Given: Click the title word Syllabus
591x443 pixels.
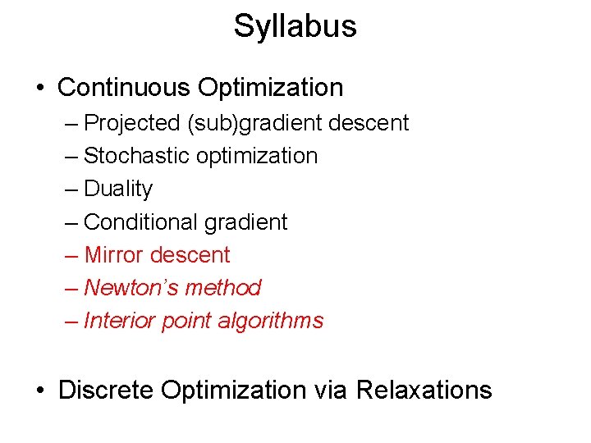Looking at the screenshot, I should [x=295, y=26].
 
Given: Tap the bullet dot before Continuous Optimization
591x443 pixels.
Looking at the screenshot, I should [x=40, y=88].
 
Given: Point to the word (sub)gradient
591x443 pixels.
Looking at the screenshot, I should [x=255, y=123].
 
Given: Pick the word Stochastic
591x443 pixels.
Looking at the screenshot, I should [x=135, y=156].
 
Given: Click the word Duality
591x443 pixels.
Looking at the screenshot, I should [x=118, y=189].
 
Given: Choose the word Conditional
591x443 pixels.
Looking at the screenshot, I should [x=141, y=222].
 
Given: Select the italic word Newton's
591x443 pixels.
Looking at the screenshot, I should [x=131, y=288].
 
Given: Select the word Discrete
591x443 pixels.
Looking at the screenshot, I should [x=106, y=390].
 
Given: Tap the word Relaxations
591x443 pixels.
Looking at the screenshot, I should [x=424, y=390].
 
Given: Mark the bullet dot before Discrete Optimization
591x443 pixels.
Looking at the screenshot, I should [x=40, y=390].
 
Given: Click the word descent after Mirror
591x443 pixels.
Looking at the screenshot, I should [x=191, y=255].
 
